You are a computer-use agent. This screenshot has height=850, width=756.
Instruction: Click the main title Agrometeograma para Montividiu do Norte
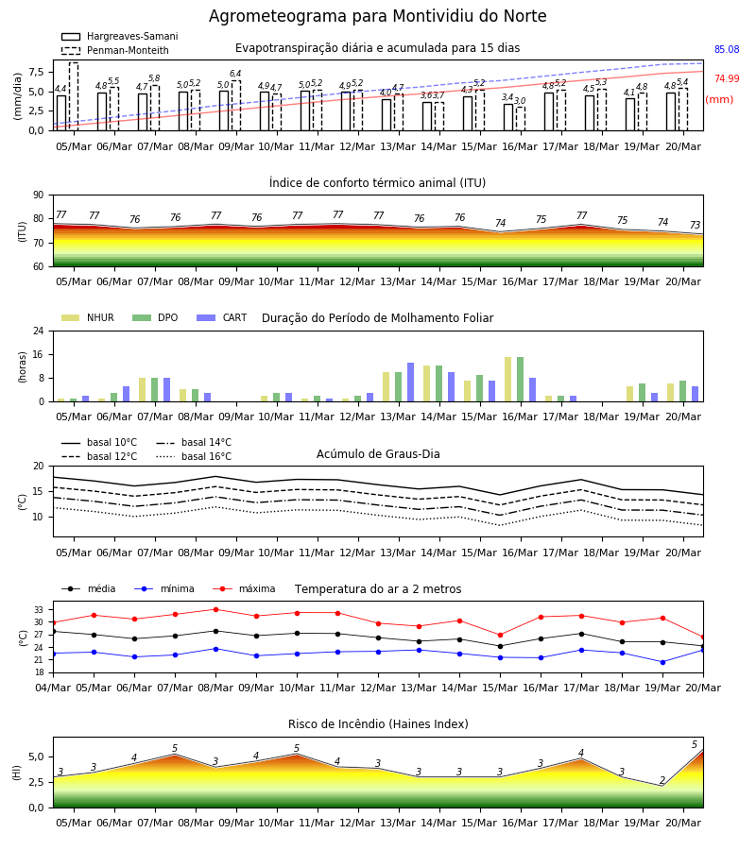377,16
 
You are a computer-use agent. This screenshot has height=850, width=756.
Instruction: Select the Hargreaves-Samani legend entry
119,36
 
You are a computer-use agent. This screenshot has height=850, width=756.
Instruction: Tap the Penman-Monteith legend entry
115,50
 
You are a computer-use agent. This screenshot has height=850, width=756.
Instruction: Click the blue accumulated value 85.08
727,49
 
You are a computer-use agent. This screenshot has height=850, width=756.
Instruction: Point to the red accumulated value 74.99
727,78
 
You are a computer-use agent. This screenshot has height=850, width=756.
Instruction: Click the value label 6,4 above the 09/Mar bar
235,73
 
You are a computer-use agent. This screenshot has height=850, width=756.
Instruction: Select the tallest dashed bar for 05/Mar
74,96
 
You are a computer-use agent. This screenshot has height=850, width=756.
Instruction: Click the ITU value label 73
695,225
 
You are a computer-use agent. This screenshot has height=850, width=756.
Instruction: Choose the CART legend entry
222,317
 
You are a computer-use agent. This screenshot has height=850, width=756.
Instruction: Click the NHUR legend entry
88,317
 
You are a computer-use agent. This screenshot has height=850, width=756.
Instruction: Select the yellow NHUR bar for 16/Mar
508,380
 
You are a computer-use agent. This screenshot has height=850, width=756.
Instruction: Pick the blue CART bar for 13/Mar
410,382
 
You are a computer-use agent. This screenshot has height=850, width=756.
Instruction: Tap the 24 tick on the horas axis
39,331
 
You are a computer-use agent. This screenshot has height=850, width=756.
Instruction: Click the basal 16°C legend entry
194,456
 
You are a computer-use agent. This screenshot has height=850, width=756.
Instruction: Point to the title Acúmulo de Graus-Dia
378,454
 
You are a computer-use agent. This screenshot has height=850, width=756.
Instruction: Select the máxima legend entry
244,588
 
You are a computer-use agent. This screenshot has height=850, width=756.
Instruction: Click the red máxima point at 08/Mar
215,609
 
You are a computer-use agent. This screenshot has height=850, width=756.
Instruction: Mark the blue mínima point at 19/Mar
662,662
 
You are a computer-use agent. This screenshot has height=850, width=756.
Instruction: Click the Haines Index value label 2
662,780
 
